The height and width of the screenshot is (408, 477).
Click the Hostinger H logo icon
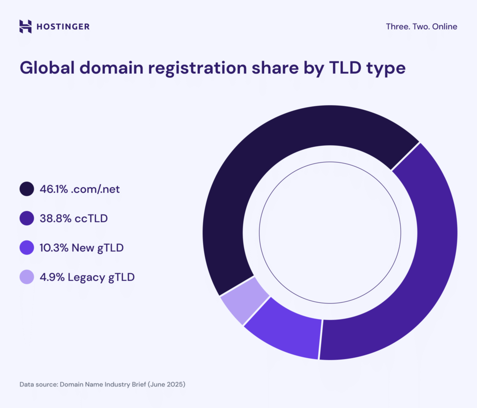click(x=26, y=27)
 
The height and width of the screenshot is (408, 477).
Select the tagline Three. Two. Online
click(x=422, y=27)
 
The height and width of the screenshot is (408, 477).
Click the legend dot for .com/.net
click(x=27, y=189)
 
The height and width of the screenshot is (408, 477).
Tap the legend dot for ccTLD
click(x=27, y=218)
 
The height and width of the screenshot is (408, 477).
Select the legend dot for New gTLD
click(x=27, y=248)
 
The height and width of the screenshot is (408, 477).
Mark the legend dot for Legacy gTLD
click(x=27, y=277)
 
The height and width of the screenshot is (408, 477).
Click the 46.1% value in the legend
click(x=53, y=189)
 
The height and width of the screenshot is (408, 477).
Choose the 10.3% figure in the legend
click(x=54, y=248)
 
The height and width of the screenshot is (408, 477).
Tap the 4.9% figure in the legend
click(x=52, y=277)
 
